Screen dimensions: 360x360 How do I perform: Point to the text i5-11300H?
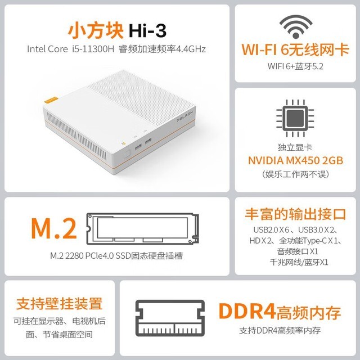(x=92, y=49)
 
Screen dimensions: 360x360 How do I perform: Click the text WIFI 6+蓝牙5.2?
(x=295, y=66)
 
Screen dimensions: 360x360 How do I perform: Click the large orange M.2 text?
(x=54, y=228)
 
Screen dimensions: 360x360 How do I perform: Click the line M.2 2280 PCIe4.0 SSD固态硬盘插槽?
(x=116, y=255)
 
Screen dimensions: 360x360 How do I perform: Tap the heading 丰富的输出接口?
(x=295, y=214)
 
